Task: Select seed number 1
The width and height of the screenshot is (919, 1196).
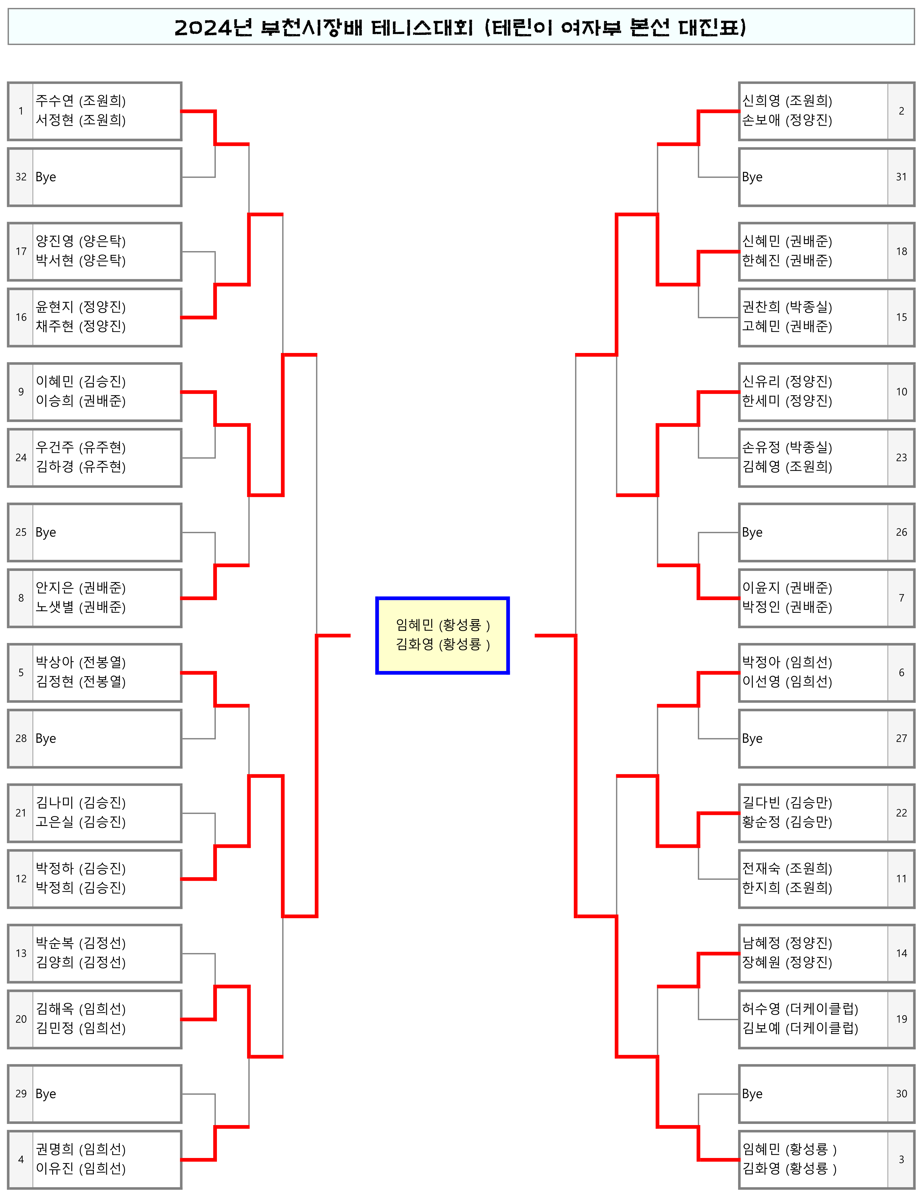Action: (x=21, y=111)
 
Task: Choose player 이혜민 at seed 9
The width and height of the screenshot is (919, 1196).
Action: (x=55, y=382)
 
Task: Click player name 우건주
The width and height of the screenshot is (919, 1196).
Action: (x=55, y=447)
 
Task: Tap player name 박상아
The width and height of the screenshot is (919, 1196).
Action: (x=55, y=662)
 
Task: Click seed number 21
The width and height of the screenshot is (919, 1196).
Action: (x=21, y=813)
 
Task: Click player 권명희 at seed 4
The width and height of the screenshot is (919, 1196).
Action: (x=55, y=1149)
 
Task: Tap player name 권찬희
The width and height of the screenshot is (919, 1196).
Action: (x=761, y=307)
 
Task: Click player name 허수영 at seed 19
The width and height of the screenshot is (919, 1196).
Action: (x=761, y=1009)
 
